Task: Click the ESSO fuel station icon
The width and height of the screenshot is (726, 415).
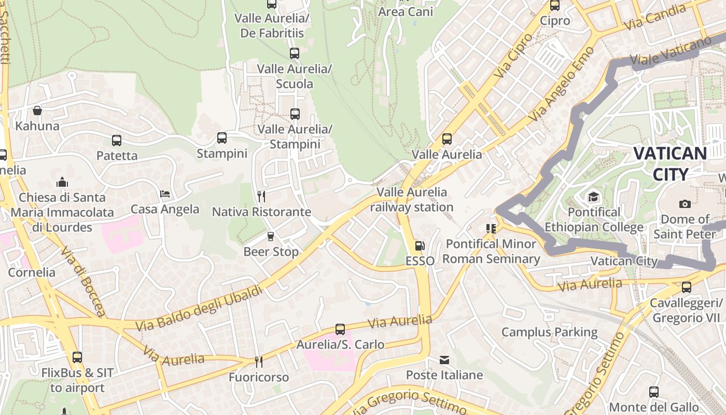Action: [420, 246]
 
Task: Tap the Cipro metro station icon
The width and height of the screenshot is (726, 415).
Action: [555, 6]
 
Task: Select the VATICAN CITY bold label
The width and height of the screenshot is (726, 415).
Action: [670, 163]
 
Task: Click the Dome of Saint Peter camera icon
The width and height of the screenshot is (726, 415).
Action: [685, 204]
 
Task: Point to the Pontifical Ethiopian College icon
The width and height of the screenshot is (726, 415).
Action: [593, 197]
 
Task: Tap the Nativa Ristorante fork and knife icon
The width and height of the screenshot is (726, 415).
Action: [261, 196]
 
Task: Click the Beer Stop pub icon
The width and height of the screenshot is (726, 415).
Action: [270, 237]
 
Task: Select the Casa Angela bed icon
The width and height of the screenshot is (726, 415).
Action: [165, 194]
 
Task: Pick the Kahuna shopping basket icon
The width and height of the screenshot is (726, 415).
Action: [37, 110]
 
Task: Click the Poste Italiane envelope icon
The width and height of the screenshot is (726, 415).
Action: [444, 359]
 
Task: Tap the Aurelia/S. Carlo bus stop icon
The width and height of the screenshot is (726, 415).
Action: [340, 329]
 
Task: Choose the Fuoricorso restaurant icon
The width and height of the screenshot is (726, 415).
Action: [258, 362]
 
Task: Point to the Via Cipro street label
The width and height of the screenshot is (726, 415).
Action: [513, 56]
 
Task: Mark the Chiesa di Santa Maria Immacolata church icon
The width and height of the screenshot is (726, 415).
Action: [62, 182]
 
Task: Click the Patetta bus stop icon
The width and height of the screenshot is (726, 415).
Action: [117, 140]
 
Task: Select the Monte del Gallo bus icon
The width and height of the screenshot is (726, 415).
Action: [654, 392]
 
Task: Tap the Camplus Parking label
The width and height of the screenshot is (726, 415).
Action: [549, 332]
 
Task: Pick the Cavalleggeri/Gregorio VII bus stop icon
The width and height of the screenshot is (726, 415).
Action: [687, 287]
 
